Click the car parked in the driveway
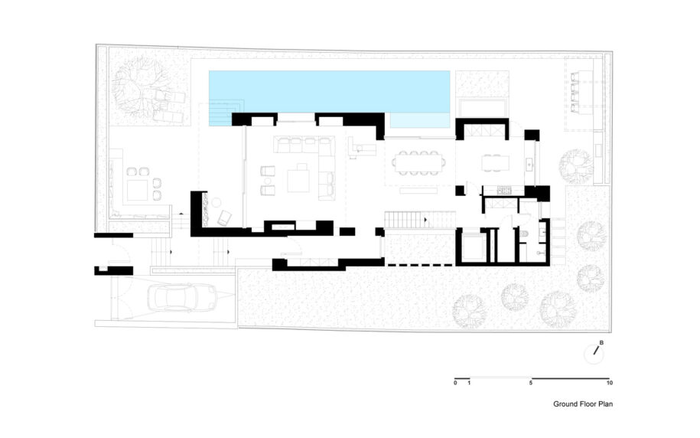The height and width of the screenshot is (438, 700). (x=182, y=297)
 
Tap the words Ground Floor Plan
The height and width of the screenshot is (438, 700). (x=583, y=404)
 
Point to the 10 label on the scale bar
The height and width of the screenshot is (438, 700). (x=610, y=383)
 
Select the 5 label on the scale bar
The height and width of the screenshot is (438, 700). (x=531, y=383)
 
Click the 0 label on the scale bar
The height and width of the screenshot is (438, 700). (x=455, y=383)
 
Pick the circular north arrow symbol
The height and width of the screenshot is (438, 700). (x=594, y=355)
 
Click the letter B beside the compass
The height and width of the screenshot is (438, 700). (x=601, y=343)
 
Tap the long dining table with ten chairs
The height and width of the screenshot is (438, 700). (x=418, y=162)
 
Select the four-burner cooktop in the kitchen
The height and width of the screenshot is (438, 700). (x=504, y=191)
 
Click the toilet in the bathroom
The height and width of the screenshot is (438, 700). (x=524, y=234)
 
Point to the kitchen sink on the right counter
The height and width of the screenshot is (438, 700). (x=530, y=164)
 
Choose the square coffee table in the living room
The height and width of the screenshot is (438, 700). (x=298, y=181)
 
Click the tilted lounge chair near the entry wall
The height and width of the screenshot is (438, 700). (x=224, y=217)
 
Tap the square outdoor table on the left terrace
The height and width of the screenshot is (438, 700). (x=137, y=190)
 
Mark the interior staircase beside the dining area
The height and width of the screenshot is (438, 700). (x=420, y=220)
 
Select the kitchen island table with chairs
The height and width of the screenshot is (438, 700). (x=495, y=163)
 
